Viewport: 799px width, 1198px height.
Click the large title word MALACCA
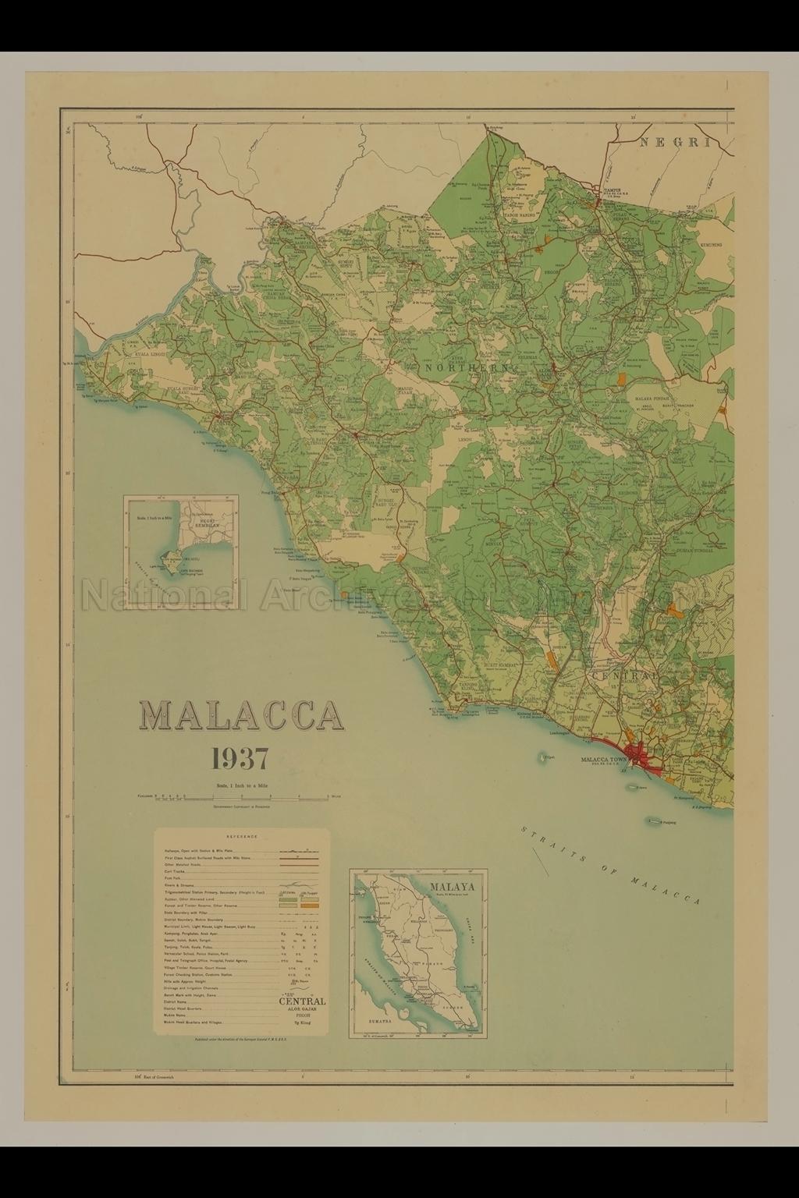pyautogui.click(x=241, y=715)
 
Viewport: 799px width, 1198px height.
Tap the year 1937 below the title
pyautogui.click(x=240, y=758)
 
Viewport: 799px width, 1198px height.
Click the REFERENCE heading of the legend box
pyautogui.click(x=242, y=836)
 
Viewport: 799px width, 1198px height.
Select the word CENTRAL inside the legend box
pyautogui.click(x=302, y=1001)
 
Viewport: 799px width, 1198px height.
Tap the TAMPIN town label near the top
pyautogui.click(x=605, y=189)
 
